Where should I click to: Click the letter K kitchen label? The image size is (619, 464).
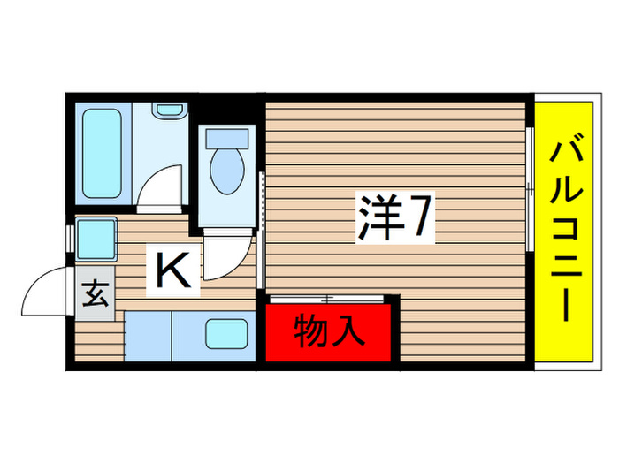173,270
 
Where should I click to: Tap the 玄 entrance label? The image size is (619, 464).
94,293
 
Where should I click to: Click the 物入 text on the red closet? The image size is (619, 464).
328,331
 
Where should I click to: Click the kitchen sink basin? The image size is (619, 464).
227,335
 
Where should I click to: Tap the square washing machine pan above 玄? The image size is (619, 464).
95,239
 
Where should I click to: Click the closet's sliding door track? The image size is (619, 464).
327,299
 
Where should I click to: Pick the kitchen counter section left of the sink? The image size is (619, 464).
148,335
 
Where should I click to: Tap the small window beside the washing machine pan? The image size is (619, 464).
69,239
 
